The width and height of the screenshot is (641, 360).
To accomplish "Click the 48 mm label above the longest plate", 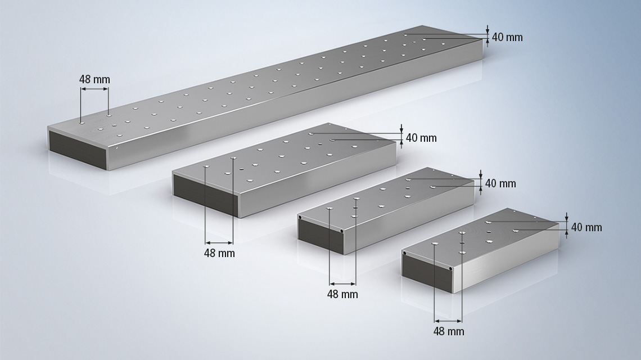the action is [94, 79].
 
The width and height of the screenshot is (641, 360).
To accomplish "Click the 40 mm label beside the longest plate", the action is [507, 37].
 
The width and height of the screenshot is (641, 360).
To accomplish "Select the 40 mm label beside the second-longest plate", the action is [421, 138].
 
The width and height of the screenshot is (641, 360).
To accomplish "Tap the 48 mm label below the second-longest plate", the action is [219, 253].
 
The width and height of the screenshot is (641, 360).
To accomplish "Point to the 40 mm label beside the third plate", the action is [500, 183].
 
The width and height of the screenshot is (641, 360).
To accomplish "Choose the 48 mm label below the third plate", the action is [342, 294].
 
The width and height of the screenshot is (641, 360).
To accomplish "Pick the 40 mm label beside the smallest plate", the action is [586, 227].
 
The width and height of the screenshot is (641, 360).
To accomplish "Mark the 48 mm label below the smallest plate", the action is [449, 331].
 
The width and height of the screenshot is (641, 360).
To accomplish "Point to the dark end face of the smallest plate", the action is [427, 273].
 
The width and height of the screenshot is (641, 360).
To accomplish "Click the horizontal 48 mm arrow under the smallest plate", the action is [448, 321].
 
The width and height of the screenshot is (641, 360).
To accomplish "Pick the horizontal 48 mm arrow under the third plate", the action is [342, 283].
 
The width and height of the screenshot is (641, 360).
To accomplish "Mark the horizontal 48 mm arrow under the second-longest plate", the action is [219, 242].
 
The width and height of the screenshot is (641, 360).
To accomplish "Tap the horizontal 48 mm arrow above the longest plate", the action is [94, 89].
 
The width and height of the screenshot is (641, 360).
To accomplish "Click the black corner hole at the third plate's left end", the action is [300, 218].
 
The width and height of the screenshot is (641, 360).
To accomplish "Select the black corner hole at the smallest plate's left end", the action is [404, 253].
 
